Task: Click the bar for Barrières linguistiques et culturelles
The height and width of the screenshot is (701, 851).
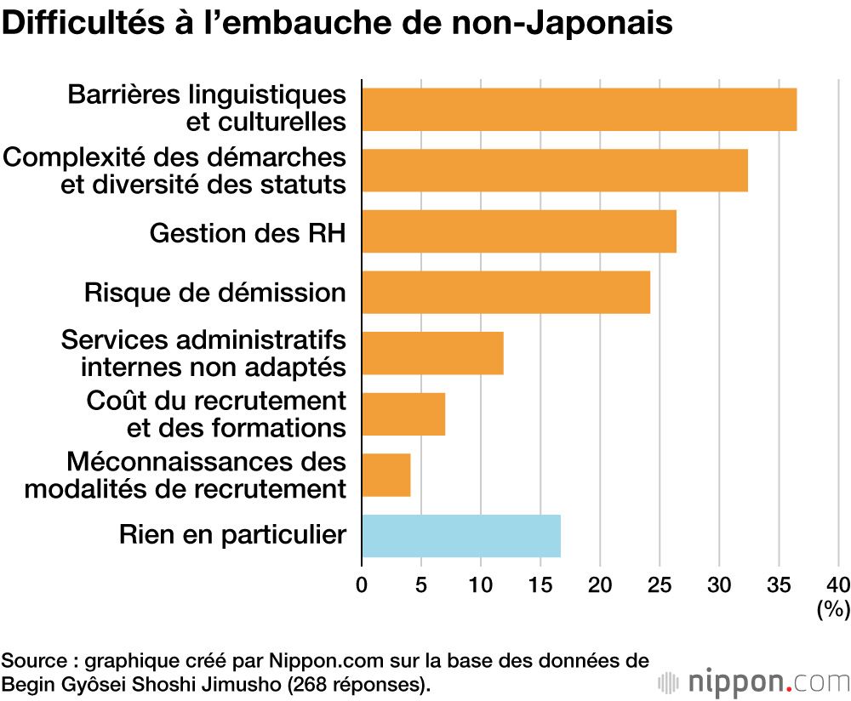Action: tap(579, 109)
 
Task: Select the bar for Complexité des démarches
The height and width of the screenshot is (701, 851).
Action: tap(555, 170)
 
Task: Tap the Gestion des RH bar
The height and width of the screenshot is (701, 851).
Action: tap(519, 231)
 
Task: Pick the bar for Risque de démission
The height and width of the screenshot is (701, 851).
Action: tap(505, 293)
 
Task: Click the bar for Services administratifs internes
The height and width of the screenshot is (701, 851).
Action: tap(432, 353)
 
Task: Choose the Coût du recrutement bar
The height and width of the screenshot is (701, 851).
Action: tap(403, 414)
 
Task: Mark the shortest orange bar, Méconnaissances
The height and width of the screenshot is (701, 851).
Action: tap(386, 475)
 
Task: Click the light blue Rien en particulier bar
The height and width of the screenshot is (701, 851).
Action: tap(461, 536)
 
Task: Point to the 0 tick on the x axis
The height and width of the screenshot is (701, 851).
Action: tap(362, 584)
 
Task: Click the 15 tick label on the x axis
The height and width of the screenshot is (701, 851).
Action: tap(540, 584)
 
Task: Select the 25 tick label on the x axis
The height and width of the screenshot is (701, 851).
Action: tap(660, 584)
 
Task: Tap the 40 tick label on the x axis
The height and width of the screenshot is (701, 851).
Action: tap(838, 584)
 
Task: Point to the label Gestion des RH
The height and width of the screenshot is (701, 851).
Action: tap(248, 232)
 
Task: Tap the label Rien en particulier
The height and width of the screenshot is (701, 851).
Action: tap(232, 535)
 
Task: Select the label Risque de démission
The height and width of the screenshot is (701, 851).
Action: tap(215, 293)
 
